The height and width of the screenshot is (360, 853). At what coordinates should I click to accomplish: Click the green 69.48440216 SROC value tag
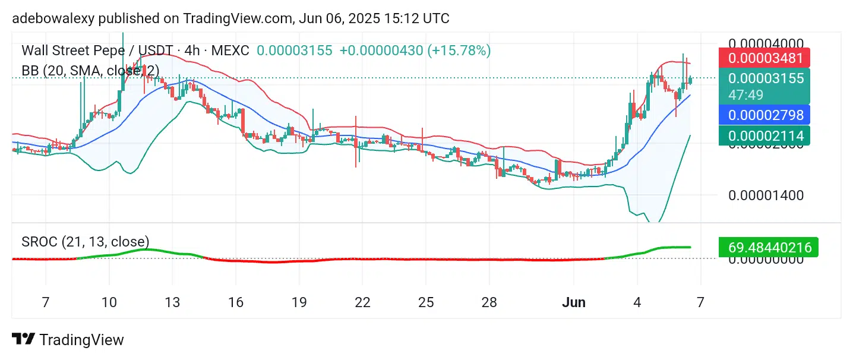(767, 247)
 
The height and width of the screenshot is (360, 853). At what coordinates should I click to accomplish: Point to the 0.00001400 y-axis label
(766, 195)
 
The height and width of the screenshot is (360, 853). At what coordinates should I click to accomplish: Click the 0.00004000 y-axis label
(766, 43)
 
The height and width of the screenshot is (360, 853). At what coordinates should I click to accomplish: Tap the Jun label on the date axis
(574, 302)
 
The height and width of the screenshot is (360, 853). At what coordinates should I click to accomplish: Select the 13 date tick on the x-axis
(172, 302)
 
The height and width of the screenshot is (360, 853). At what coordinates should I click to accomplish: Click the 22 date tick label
(362, 302)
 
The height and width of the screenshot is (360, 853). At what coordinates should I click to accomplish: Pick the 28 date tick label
(489, 302)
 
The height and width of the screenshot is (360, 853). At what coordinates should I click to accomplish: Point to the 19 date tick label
(299, 302)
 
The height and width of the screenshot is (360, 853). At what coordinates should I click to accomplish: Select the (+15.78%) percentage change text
(459, 50)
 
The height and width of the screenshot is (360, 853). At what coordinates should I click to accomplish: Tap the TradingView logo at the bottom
(68, 340)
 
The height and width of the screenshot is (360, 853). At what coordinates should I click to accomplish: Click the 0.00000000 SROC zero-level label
(766, 259)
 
